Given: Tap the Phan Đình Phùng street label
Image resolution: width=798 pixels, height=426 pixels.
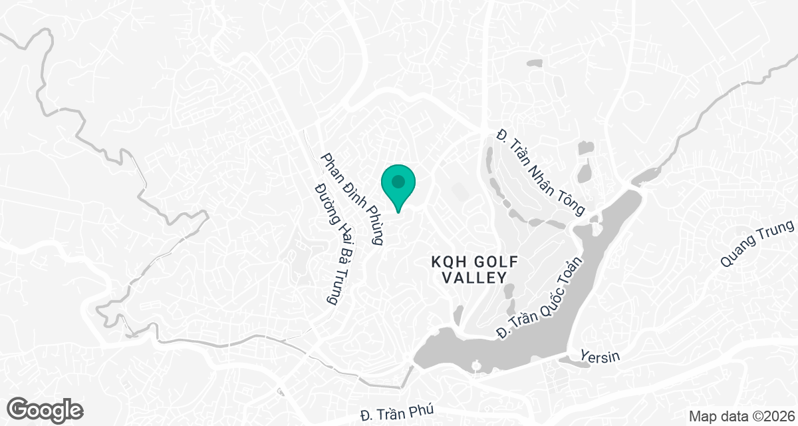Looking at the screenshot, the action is click(352, 199).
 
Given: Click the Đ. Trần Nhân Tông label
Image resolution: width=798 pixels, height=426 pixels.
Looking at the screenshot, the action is click(541, 172).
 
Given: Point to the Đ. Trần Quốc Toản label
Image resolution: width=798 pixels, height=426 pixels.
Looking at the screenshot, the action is click(541, 297).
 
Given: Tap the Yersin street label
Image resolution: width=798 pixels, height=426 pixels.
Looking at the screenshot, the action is click(600, 357).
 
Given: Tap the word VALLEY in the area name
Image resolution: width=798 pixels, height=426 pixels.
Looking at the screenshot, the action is click(475, 278).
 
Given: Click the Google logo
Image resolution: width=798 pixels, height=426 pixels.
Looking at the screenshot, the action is click(46, 409).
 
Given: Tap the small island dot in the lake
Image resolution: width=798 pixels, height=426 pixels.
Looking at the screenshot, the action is click(477, 365).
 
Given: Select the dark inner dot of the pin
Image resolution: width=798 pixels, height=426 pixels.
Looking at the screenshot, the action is click(398, 181).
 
